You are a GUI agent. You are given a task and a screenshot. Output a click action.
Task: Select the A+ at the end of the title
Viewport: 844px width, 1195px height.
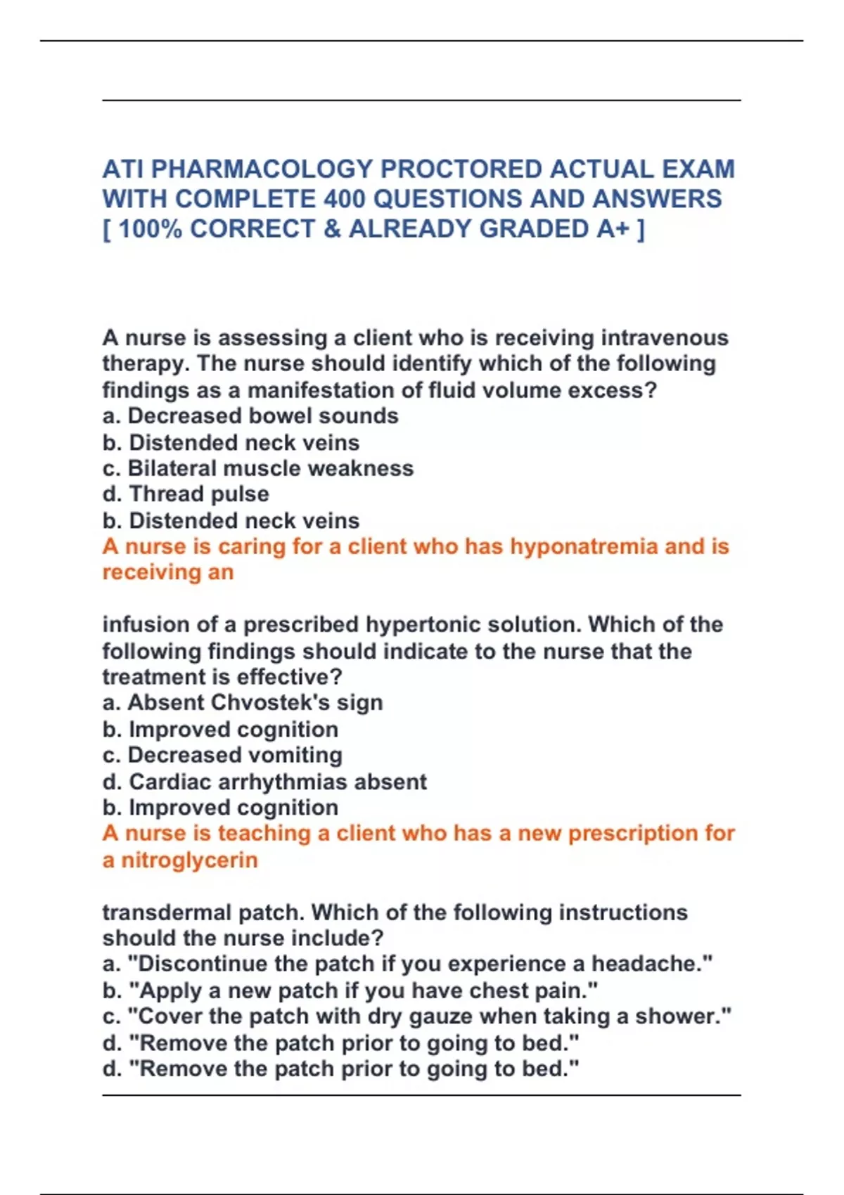pyautogui.click(x=613, y=229)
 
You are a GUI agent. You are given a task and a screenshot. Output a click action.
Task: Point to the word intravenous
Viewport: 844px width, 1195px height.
pyautogui.click(x=665, y=338)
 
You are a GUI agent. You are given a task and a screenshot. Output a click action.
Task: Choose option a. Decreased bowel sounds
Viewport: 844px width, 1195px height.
pyautogui.click(x=250, y=416)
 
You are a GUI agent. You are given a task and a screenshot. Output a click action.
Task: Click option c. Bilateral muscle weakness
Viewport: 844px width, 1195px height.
pyautogui.click(x=257, y=468)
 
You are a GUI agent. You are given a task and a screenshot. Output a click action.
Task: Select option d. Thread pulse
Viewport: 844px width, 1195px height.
pyautogui.click(x=186, y=494)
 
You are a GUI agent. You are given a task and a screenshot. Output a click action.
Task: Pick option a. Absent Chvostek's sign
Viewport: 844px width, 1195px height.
pyautogui.click(x=243, y=702)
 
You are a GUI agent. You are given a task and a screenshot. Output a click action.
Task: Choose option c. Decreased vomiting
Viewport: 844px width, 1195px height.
pyautogui.click(x=222, y=755)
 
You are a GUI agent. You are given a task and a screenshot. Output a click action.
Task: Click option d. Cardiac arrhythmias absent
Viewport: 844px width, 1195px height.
pyautogui.click(x=264, y=782)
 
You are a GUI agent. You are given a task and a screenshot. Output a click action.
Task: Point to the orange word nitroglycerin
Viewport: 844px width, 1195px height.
pyautogui.click(x=189, y=860)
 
